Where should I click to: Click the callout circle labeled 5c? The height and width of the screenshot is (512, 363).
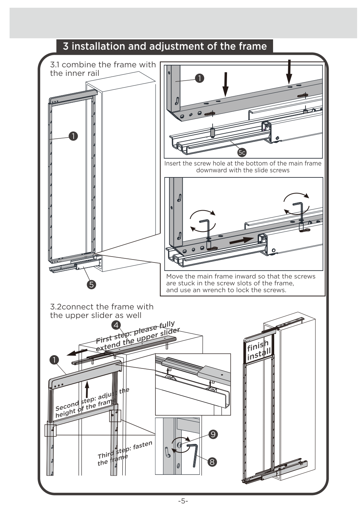tap(242, 152)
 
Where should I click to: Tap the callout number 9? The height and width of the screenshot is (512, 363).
tap(213, 434)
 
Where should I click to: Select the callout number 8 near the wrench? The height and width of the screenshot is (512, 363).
tap(212, 462)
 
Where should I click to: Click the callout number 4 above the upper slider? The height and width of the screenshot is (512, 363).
tap(116, 325)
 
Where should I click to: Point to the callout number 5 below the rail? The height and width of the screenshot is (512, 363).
tap(91, 284)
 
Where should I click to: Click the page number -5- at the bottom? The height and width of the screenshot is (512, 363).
tap(183, 501)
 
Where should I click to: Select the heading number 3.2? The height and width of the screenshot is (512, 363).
tap(55, 307)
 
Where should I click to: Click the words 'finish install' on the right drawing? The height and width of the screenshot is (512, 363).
tap(259, 350)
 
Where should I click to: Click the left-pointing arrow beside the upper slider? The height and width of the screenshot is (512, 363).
tap(77, 353)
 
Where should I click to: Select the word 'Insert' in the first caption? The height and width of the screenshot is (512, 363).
tap(172, 163)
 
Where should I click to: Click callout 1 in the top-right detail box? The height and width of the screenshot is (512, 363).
tap(199, 78)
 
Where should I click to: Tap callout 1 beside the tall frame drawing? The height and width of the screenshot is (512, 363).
tap(73, 136)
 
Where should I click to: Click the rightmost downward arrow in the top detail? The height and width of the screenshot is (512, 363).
tap(289, 71)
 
